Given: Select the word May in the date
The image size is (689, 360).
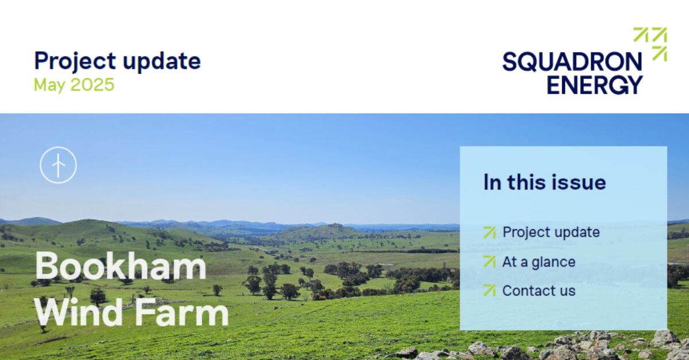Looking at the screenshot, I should pos(50,85).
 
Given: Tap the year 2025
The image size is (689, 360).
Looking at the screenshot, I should pos(92,85).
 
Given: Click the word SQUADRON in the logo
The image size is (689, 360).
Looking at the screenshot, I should pos(572,61).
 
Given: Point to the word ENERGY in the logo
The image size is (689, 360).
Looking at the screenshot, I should pos(594,84).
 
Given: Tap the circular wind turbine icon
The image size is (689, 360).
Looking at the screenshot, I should pos(58,165).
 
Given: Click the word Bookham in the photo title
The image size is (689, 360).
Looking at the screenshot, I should pos(121,266).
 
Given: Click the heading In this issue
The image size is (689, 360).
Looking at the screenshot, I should pos(544,182).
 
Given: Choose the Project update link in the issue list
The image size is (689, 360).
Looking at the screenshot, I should pos(551,232).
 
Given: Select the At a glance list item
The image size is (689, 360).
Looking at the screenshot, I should pos(538,262).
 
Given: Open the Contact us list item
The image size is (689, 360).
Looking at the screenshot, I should pos(538,291).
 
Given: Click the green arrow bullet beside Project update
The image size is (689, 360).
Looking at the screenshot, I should pos(489,232).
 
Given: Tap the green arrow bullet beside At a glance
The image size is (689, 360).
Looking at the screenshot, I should pos(489,262).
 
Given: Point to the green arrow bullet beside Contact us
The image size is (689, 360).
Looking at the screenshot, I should pos(489,291).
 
